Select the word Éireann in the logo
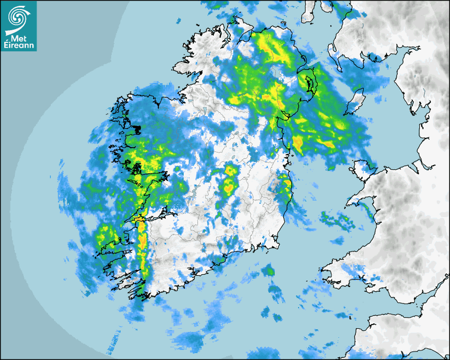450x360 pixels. click(x=19, y=46)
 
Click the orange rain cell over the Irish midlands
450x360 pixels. click(x=229, y=185)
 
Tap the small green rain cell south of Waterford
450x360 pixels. click(x=270, y=272)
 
